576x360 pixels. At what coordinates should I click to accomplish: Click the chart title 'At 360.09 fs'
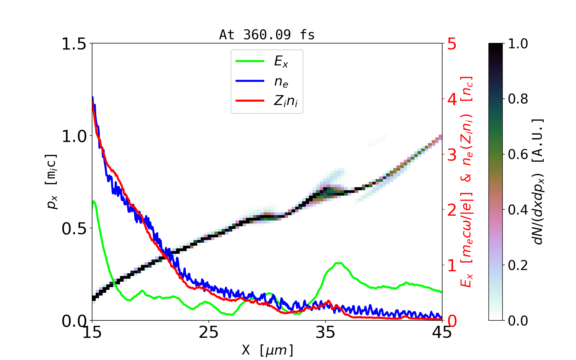(x=267, y=35)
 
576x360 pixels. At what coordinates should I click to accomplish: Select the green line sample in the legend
(x=250, y=61)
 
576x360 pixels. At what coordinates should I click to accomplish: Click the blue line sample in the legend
(x=250, y=81)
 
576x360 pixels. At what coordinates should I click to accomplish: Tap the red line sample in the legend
(x=250, y=100)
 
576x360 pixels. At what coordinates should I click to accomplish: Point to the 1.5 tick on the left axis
(x=74, y=44)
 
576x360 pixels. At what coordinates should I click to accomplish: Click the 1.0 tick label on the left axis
(x=74, y=136)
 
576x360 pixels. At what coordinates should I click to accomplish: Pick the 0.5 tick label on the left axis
(x=74, y=229)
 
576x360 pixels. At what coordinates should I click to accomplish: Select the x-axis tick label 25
(x=208, y=332)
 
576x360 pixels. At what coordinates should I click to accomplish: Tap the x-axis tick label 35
(x=325, y=332)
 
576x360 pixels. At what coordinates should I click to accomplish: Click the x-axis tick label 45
(x=442, y=332)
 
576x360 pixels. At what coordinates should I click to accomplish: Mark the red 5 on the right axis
(x=452, y=44)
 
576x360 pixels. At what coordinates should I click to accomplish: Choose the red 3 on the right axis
(x=452, y=155)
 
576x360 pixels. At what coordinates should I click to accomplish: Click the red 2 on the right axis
(x=452, y=210)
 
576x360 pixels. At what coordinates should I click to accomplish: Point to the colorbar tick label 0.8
(x=518, y=99)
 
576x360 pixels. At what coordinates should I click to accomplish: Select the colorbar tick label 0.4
(x=518, y=210)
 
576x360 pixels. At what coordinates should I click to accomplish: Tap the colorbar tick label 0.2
(x=518, y=265)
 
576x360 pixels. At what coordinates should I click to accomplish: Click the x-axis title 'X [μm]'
(x=268, y=350)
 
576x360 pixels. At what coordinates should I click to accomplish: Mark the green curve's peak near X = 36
(x=338, y=263)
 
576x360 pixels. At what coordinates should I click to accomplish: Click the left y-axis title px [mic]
(x=52, y=182)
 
